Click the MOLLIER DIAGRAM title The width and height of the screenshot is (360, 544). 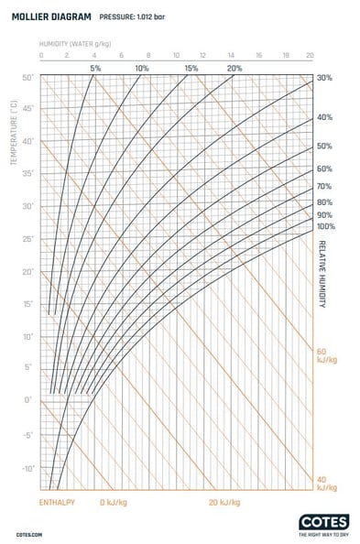pos(49,16)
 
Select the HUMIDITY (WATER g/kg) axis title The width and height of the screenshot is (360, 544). pos(74,43)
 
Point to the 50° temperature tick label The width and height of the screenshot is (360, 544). pos(27,77)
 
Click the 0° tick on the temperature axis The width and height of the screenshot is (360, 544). pos(29,400)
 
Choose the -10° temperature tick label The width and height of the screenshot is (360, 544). pos(27,467)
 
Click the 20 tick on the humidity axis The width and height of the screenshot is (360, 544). pos(311,55)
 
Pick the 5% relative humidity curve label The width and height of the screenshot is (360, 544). pos(95,69)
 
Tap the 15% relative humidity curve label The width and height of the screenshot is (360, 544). pos(191,69)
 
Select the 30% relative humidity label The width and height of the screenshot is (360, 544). pos(324,78)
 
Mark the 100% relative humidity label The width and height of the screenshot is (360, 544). pos(325,226)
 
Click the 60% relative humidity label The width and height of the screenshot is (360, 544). pos(324,169)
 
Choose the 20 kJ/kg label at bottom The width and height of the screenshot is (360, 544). pos(224,503)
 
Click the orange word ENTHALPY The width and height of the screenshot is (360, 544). pos(57,503)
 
